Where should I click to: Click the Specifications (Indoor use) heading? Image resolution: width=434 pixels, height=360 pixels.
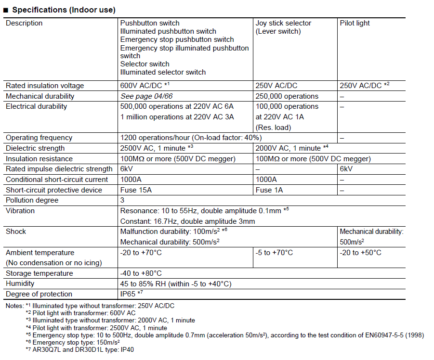[63, 10]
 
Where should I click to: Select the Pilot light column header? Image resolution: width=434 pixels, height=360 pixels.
[355, 23]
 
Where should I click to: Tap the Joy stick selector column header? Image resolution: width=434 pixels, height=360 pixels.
[283, 27]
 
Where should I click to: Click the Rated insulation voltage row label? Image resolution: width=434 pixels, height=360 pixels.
[45, 86]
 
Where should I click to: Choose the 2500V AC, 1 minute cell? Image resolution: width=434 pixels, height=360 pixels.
[157, 148]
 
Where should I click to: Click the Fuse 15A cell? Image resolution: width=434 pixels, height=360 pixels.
[136, 190]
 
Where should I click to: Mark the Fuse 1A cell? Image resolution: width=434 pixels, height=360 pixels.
[269, 190]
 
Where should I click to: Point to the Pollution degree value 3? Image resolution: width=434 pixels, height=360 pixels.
[122, 200]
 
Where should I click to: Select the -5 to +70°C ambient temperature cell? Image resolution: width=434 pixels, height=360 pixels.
[274, 253]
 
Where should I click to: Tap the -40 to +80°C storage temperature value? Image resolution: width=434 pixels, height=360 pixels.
[141, 273]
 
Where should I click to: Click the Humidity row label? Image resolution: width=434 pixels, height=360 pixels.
[20, 284]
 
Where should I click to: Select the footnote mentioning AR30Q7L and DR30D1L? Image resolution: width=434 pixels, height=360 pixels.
[79, 350]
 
